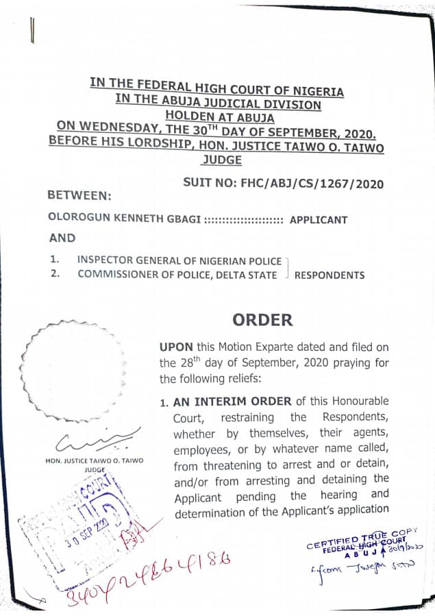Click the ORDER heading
262,320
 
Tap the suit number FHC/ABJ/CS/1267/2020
283,183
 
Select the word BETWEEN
79,195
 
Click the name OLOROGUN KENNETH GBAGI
124,219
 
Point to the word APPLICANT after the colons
319,220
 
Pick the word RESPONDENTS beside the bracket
329,275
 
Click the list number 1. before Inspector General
54,260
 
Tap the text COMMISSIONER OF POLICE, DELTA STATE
177,275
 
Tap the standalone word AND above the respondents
62,238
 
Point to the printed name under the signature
95,461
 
